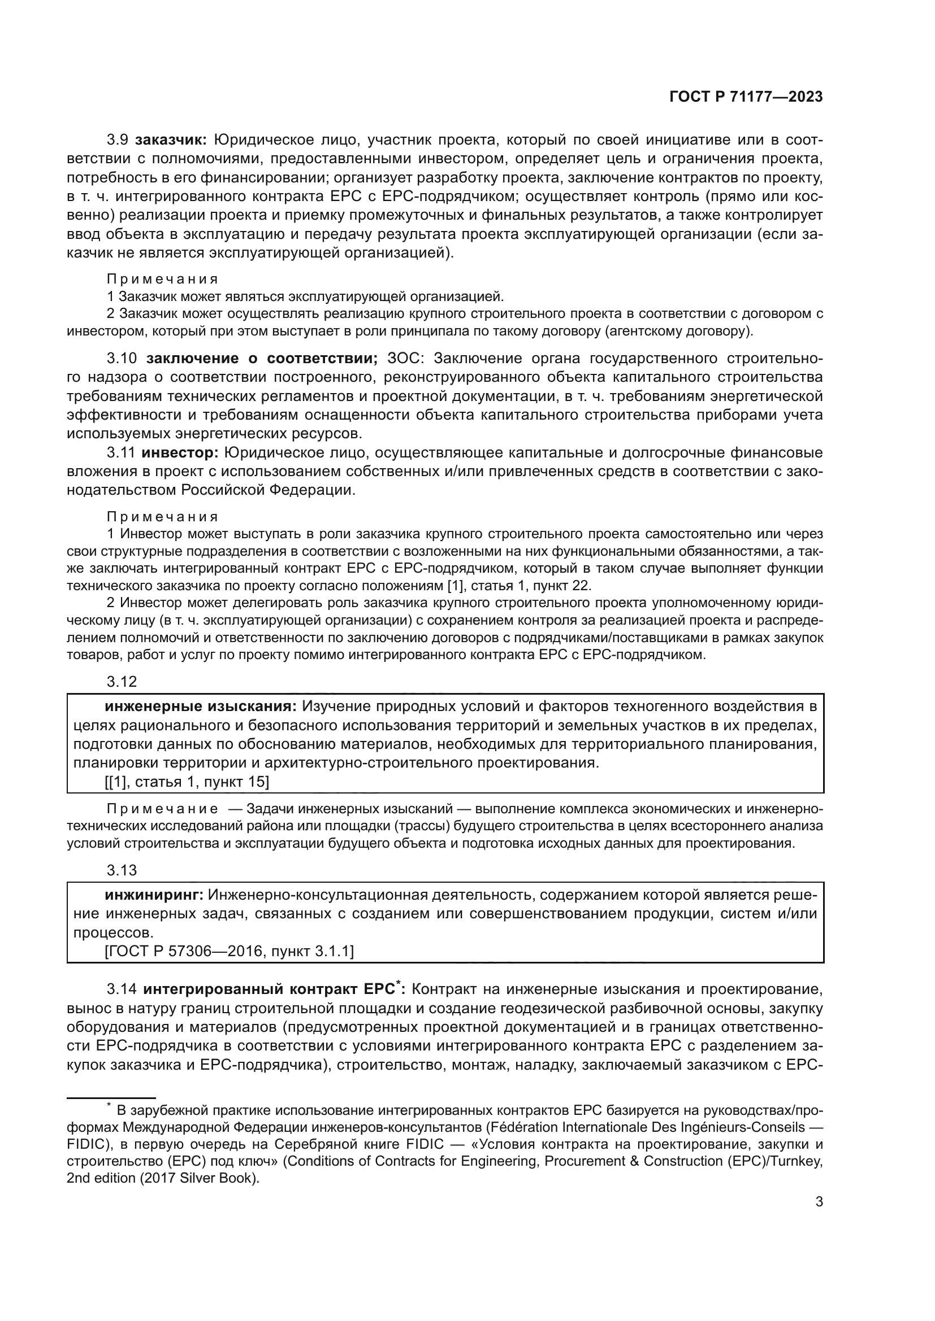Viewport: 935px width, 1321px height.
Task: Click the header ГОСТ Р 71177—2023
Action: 746,97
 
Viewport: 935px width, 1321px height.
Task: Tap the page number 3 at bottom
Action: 819,1218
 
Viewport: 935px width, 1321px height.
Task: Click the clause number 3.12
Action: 122,682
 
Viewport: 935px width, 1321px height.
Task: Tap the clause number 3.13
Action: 122,870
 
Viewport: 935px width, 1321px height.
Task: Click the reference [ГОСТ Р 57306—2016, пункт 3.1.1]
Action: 228,952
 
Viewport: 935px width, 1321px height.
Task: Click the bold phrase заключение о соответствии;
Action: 262,359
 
